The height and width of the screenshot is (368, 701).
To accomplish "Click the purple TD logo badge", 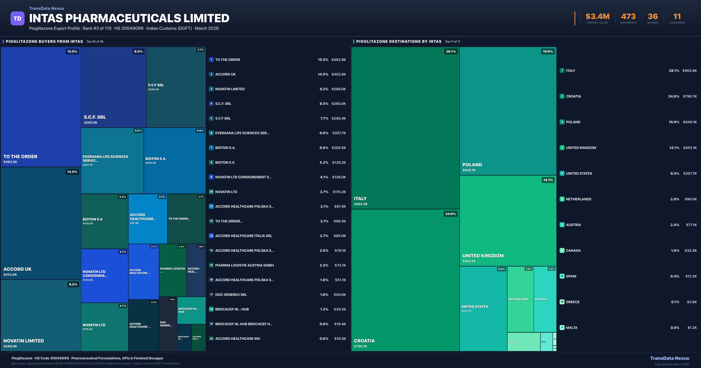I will point(17,19).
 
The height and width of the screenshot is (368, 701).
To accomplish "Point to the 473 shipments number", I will point(628,17).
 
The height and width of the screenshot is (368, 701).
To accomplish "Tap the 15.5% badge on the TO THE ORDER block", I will point(72,51).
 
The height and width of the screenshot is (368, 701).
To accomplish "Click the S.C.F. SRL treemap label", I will point(95,117).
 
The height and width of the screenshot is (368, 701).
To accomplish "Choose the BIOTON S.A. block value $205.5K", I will point(151,163).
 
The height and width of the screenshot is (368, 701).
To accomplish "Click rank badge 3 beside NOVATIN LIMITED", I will point(211,89).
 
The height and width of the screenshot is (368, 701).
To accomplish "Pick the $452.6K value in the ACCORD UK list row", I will point(339,74).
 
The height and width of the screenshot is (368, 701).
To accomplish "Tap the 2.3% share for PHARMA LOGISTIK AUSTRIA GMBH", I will point(324,265).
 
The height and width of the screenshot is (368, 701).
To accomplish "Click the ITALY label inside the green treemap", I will point(360,199).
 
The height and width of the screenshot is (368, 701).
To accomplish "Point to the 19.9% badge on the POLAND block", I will point(548,51).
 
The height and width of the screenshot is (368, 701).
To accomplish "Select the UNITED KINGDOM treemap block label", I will point(483,256).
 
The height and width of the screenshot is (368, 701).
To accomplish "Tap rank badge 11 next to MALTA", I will point(562,327).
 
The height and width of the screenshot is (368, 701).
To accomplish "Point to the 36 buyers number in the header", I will point(653,17).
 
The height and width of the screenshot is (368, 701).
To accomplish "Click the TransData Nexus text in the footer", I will point(669,358).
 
